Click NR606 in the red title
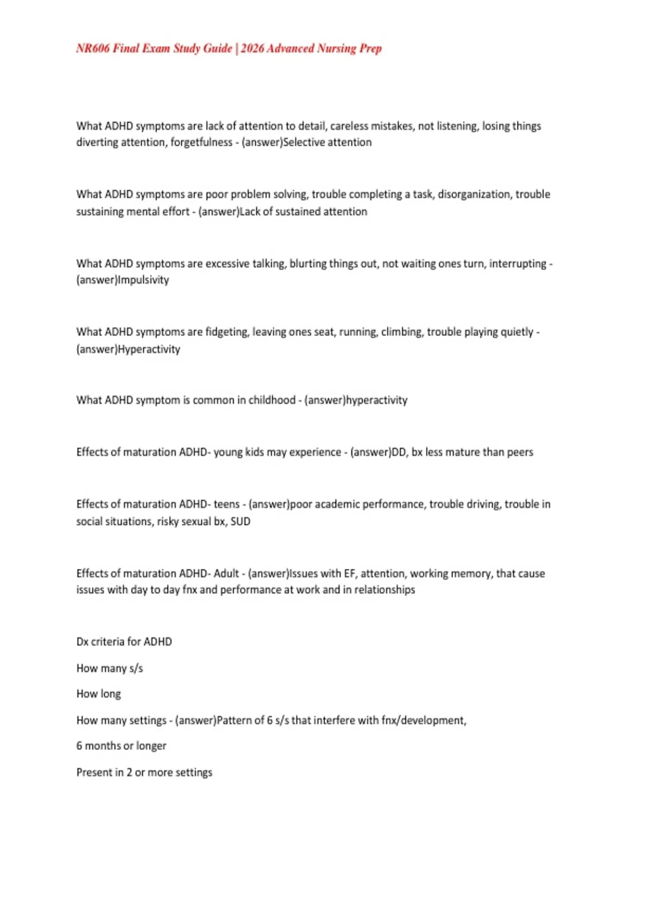pyautogui.click(x=93, y=48)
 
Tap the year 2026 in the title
pyautogui.click(x=252, y=48)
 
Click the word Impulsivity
pyautogui.click(x=143, y=280)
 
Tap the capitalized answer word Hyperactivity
pyautogui.click(x=149, y=349)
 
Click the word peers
pyautogui.click(x=520, y=452)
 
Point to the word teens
pyautogui.click(x=226, y=504)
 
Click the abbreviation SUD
pyautogui.click(x=240, y=522)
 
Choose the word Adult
pyautogui.click(x=226, y=573)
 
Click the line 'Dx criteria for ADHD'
pyautogui.click(x=124, y=642)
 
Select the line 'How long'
pyautogui.click(x=99, y=694)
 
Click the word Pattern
pyautogui.click(x=235, y=720)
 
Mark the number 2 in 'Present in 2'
pyautogui.click(x=129, y=772)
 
